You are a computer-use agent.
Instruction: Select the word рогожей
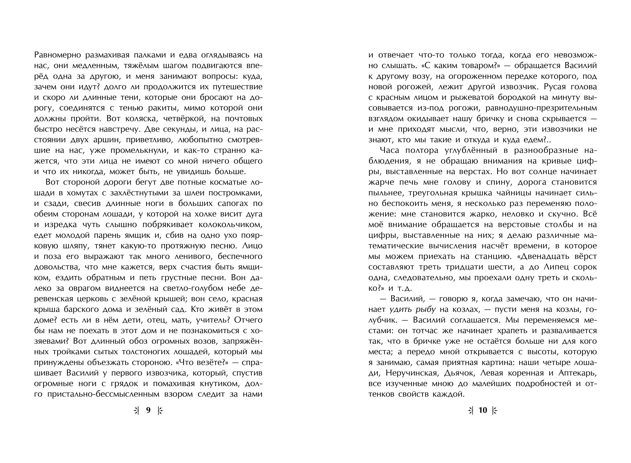point(406,87)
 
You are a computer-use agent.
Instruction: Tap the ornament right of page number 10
point(495,411)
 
